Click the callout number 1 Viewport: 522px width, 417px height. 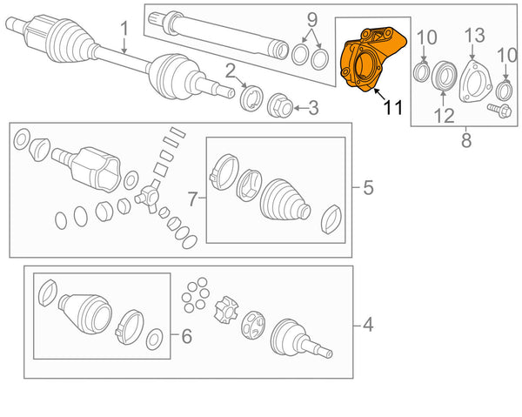[x=124, y=29]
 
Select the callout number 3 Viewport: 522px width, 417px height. [x=313, y=108]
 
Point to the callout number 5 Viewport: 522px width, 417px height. [x=367, y=187]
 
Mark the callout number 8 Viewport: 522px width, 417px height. [x=465, y=138]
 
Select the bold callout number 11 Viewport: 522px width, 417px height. [x=392, y=108]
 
